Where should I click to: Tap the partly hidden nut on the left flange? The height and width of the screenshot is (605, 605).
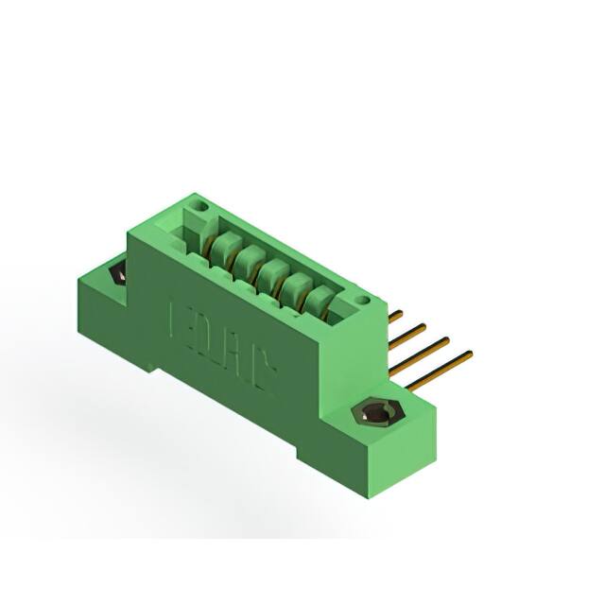pos(117,274)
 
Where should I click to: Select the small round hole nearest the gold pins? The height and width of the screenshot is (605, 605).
pos(360,302)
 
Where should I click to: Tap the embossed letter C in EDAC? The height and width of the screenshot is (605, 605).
pos(261,374)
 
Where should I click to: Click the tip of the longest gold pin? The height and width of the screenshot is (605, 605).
pos(468,355)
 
